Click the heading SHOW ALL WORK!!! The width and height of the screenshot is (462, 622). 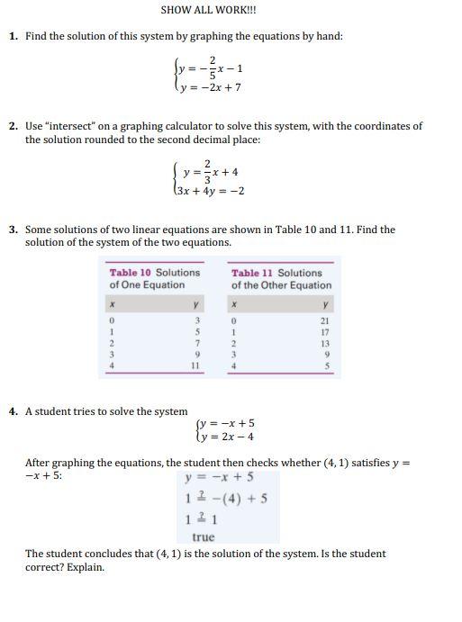[208, 10]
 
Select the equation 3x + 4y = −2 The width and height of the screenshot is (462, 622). [207, 191]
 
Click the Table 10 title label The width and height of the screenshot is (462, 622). [155, 278]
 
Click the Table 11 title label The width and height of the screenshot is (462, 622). [281, 278]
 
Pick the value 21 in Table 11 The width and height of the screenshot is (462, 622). [324, 320]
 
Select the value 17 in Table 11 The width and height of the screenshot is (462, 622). [324, 331]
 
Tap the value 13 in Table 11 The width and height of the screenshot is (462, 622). [324, 343]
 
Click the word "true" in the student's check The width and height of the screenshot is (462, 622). [204, 536]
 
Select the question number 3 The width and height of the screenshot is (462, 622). [14, 230]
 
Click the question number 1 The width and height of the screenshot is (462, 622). [14, 36]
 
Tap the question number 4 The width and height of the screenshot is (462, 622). [14, 411]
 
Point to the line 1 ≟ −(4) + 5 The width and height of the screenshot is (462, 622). [225, 498]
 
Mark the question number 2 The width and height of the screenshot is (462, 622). [14, 127]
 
